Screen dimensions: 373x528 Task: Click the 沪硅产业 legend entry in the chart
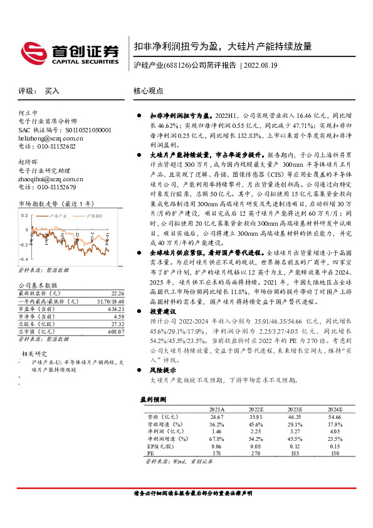(x=58, y=215)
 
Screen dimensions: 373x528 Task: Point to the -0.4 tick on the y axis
(x=24, y=259)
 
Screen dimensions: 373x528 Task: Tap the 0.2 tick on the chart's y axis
(x=25, y=214)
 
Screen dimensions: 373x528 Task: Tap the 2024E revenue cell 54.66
(x=335, y=416)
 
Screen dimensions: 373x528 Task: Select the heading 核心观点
(x=149, y=91)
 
